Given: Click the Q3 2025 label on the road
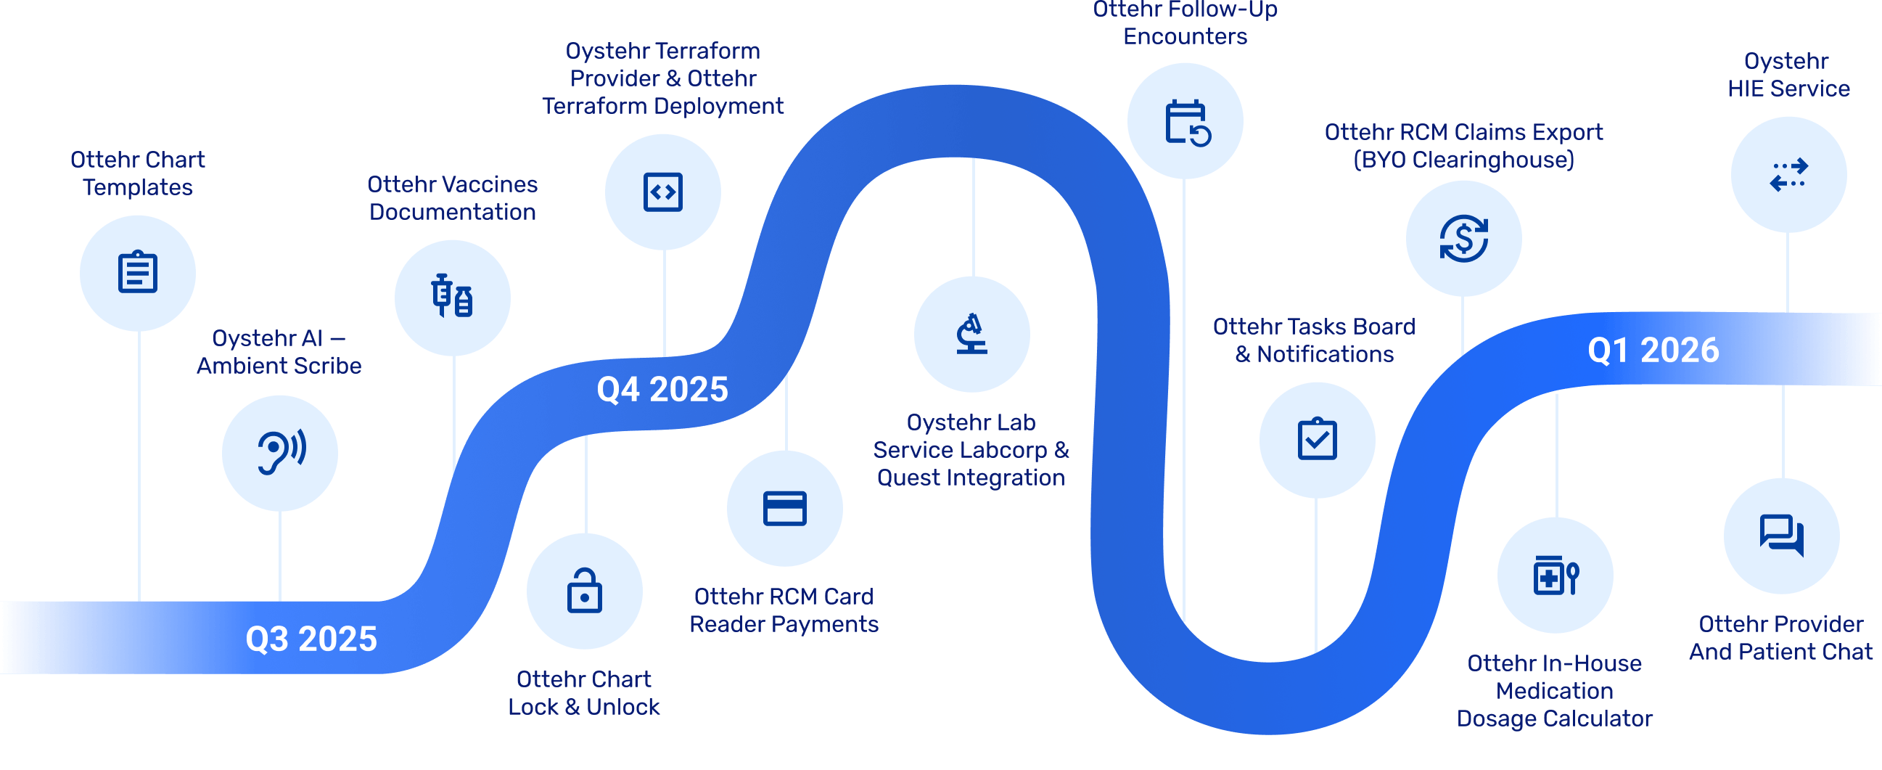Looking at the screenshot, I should click(x=311, y=639).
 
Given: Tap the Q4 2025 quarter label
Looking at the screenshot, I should click(x=662, y=390).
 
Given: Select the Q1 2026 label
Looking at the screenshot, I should click(x=1653, y=351).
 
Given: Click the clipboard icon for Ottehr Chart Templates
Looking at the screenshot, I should click(x=137, y=272).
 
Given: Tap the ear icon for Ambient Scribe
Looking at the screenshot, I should click(x=281, y=453).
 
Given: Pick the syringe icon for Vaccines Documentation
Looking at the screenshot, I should click(x=452, y=298).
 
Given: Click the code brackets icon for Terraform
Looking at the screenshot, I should click(x=662, y=192).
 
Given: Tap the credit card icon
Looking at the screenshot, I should click(x=785, y=509).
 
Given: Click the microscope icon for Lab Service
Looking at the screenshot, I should click(x=971, y=334).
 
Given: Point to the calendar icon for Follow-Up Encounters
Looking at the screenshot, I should click(x=1185, y=121).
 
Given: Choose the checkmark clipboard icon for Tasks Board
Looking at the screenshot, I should click(x=1318, y=440).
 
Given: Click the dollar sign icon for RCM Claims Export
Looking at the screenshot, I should click(x=1463, y=238).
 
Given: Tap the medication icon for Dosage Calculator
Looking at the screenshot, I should click(x=1555, y=576).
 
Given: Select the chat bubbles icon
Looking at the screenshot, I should click(x=1781, y=536).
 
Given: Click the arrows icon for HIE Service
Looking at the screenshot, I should click(x=1788, y=175).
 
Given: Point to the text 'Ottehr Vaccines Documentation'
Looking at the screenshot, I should click(x=452, y=198).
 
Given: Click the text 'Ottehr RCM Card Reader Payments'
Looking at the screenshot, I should click(x=784, y=610).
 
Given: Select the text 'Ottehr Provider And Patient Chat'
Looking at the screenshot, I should click(x=1780, y=638).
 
